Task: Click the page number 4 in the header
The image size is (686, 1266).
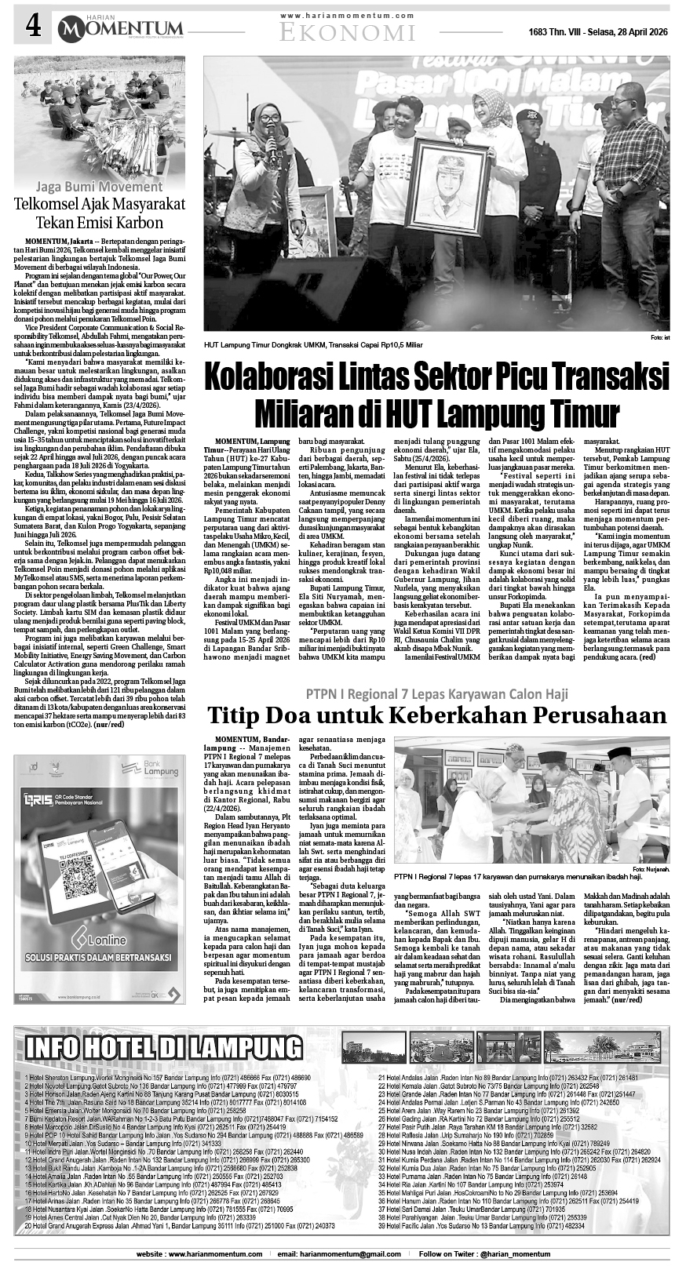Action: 33,27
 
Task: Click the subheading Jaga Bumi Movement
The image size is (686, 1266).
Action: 103,187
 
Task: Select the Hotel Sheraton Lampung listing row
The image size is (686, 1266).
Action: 169,1078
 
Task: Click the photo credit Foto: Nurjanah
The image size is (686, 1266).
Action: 651,870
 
